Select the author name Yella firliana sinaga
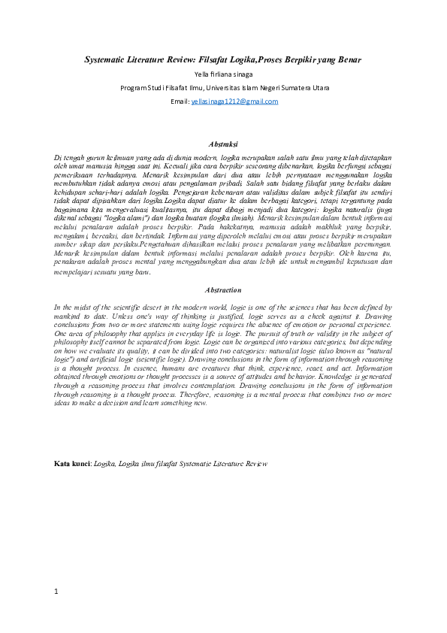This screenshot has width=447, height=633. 222,74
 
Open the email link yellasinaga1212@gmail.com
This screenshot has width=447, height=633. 234,101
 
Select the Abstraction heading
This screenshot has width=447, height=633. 222,290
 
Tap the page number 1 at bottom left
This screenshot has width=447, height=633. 56,592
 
